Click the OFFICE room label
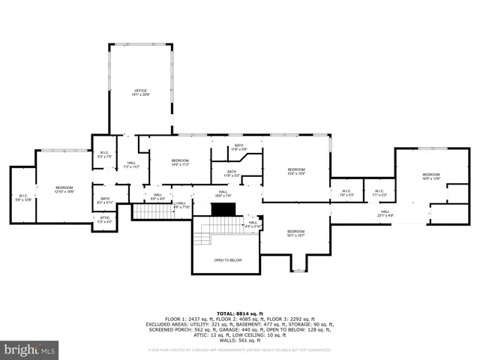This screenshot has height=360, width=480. click(141, 92)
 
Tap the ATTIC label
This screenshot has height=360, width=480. click(104, 220)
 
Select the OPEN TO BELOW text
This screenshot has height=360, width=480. click(227, 260)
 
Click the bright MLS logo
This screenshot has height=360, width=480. click(30, 349)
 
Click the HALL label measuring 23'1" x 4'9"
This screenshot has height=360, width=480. click(385, 214)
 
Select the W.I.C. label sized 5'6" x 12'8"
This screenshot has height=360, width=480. click(23, 198)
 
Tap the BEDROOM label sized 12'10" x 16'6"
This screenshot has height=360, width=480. click(64, 190)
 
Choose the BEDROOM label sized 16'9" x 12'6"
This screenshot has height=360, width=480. click(431, 177)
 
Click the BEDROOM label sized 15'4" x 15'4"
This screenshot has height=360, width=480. click(296, 172)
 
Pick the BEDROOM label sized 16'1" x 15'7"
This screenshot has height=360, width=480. click(295, 233)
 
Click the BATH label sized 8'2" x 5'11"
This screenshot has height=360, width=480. click(105, 200)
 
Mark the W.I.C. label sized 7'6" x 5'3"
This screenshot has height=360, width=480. click(346, 193)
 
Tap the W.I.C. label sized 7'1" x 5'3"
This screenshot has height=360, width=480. click(379, 193)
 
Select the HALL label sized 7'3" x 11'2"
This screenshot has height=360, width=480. click(131, 165)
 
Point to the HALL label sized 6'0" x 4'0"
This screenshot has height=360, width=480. click(158, 197)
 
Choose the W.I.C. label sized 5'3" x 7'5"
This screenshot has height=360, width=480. click(104, 154)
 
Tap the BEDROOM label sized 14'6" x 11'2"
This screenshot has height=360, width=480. click(180, 162)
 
